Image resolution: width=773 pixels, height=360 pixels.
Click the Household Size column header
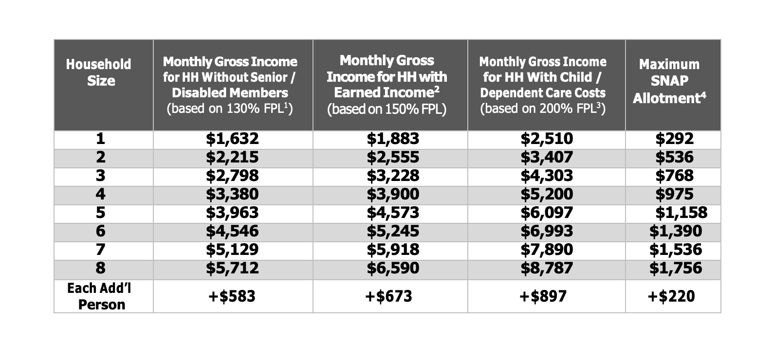[x=99, y=72]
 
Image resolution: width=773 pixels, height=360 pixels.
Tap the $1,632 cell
[x=232, y=139]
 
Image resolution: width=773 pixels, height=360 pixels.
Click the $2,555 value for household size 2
[x=392, y=157]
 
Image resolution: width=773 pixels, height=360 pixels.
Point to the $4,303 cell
[x=547, y=176]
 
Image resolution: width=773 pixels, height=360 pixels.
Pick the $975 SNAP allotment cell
[x=674, y=194]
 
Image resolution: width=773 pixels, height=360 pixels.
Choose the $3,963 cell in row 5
[x=232, y=213]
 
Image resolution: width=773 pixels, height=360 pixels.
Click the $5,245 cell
[x=392, y=231]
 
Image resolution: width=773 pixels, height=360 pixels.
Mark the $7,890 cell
[x=547, y=250]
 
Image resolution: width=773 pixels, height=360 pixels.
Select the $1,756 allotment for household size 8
[x=676, y=268]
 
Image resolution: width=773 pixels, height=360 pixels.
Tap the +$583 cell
[x=232, y=296]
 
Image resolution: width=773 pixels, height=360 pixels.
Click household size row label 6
[x=100, y=231]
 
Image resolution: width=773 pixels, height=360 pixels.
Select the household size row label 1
[x=100, y=139]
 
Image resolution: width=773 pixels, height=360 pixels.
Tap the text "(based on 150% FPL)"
[x=386, y=109]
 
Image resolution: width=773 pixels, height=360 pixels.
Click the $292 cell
[x=674, y=139]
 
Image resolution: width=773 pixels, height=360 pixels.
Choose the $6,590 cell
[x=392, y=268]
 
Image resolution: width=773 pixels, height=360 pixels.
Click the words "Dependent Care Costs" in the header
[x=543, y=92]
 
